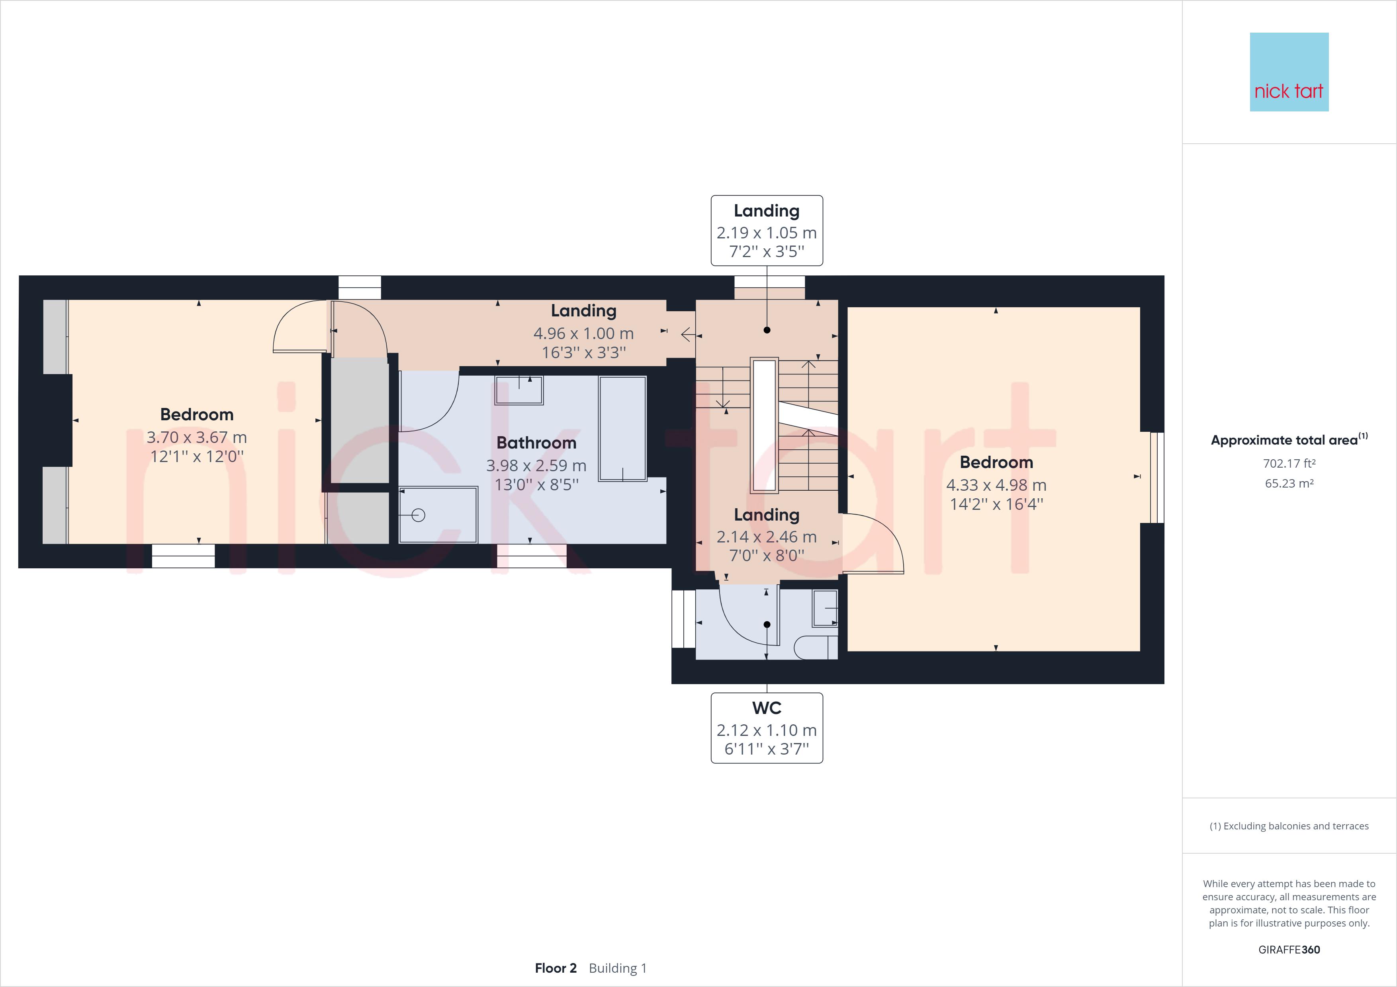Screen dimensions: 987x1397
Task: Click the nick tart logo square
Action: point(1289,72)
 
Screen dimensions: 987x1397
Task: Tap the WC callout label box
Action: point(767,728)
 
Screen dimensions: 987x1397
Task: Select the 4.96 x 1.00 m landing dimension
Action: point(583,333)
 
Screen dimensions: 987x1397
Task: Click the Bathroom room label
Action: point(536,443)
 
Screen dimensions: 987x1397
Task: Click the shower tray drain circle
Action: point(418,515)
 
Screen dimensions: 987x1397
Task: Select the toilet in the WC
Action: point(815,648)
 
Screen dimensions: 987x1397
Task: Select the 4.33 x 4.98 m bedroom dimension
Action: point(996,485)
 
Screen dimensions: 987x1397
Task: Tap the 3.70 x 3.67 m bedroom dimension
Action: point(197,437)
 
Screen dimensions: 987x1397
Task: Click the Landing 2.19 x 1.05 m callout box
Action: point(767,230)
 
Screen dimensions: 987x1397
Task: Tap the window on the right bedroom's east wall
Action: point(1156,478)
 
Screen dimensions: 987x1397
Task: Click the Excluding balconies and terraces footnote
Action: point(1289,826)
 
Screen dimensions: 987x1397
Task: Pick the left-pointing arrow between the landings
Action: point(687,334)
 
